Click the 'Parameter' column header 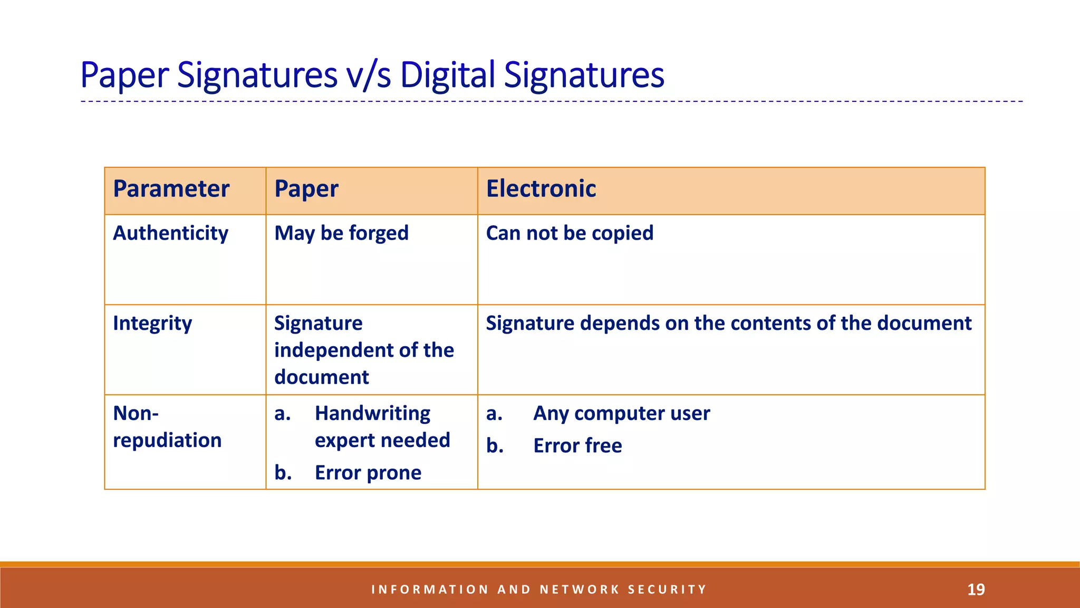171,189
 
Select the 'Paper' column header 306,189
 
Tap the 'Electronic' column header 541,189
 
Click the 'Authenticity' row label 170,233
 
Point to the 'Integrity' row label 152,324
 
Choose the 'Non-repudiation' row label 167,426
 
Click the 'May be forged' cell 341,233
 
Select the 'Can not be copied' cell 570,233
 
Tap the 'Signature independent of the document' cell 364,350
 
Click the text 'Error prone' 368,473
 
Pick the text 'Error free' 577,446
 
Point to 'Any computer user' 621,413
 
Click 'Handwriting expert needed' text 382,426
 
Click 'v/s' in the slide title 369,75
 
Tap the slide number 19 976,590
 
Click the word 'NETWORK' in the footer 580,590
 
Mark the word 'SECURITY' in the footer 667,590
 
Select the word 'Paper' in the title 125,75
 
